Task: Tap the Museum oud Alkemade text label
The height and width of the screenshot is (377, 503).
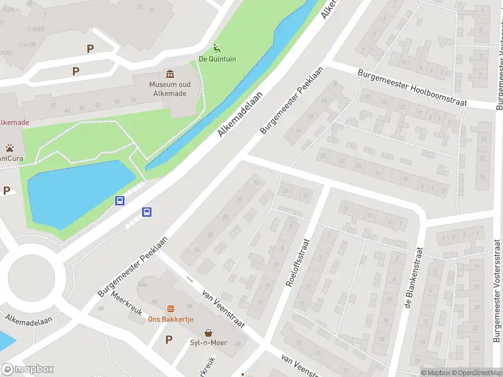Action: pos(170,89)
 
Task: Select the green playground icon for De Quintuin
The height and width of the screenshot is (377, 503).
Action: pos(216,48)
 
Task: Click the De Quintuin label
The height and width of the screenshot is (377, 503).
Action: pos(217,60)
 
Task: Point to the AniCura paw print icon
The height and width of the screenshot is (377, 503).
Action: pos(10,148)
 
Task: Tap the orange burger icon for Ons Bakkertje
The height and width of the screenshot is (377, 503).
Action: pos(170,309)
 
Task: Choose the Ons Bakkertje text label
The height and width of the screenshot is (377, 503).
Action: pos(170,319)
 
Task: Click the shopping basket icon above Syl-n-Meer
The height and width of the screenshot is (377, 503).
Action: pos(208,332)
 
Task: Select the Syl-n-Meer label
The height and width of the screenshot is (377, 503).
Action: pos(208,343)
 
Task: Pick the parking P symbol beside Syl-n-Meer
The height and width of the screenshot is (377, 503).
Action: pos(168,340)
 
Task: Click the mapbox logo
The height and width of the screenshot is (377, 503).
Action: pos(28,369)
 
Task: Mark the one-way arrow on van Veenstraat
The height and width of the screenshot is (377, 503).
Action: pos(189,280)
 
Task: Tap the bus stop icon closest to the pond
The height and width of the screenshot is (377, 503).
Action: pos(119,201)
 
